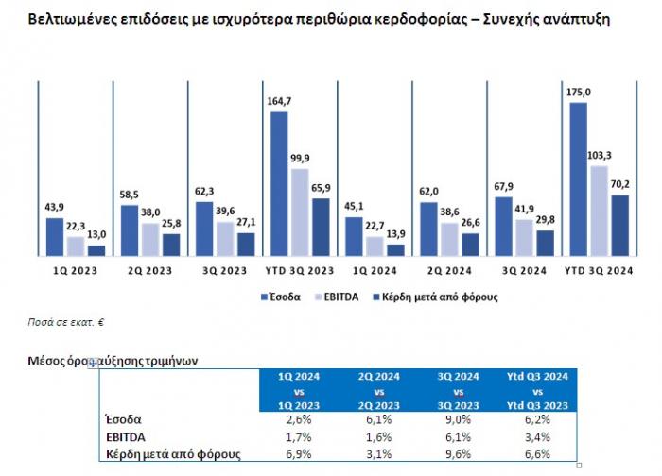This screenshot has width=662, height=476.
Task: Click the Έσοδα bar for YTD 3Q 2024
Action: pos(578,178)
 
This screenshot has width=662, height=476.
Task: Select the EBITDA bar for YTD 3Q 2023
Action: pos(300,212)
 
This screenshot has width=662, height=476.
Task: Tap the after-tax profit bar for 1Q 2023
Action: pos(96,249)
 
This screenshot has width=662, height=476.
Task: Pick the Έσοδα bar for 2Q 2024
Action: pos(428,228)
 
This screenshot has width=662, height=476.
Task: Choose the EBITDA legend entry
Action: pos(343,297)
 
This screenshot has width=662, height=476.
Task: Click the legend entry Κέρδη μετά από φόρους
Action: pos(435,297)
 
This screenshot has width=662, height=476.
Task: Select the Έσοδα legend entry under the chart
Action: pos(281,297)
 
